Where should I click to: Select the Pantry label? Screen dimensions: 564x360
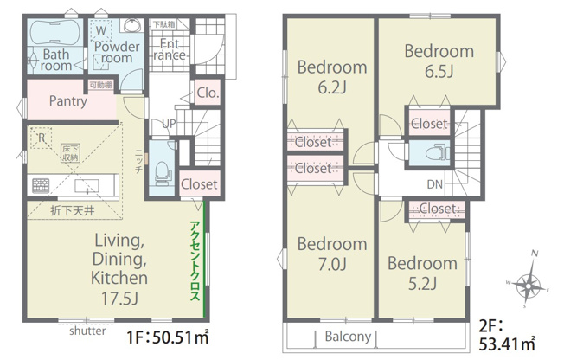tap(68, 100)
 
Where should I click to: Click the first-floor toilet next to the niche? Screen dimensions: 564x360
tap(163, 173)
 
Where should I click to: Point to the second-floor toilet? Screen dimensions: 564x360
tap(437, 152)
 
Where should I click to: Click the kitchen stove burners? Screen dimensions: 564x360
tap(41, 185)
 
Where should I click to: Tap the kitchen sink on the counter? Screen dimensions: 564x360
tap(87, 186)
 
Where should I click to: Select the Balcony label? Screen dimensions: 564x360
tap(348, 337)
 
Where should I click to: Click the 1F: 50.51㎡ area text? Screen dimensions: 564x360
tap(168, 337)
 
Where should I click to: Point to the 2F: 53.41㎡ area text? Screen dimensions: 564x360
tap(507, 336)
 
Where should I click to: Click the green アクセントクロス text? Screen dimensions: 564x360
tap(195, 260)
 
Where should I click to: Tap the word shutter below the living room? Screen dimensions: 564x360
tap(87, 331)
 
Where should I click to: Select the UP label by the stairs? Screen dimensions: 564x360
tap(169, 124)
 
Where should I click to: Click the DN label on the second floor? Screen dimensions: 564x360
tap(434, 184)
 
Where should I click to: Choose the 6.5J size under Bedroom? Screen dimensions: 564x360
tap(439, 71)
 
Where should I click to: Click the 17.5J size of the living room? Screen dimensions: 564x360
tap(119, 299)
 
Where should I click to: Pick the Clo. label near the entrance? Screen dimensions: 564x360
tap(208, 93)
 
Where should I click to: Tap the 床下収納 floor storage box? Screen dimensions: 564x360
tap(70, 153)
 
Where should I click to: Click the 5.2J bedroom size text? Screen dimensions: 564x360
tap(422, 284)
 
